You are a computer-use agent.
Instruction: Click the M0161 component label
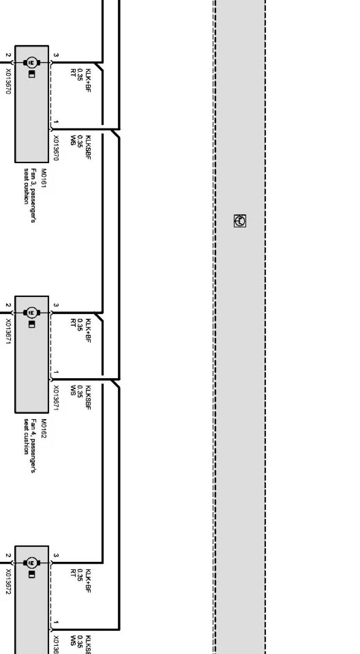tap(43, 178)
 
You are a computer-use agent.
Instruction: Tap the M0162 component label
tap(43, 428)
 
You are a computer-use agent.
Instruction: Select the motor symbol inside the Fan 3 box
tap(31, 62)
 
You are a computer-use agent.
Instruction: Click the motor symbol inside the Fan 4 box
tap(31, 313)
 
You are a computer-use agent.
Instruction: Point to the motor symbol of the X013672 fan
tap(31, 563)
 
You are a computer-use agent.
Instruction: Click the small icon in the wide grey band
tap(240, 221)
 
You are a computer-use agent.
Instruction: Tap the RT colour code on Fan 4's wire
tap(73, 322)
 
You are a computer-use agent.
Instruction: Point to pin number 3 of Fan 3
tap(56, 55)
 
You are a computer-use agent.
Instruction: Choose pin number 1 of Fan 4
tap(56, 373)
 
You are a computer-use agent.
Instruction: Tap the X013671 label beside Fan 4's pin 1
tap(56, 398)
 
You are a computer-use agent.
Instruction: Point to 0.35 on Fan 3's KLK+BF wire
tap(80, 75)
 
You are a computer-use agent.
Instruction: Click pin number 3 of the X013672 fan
tap(56, 556)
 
